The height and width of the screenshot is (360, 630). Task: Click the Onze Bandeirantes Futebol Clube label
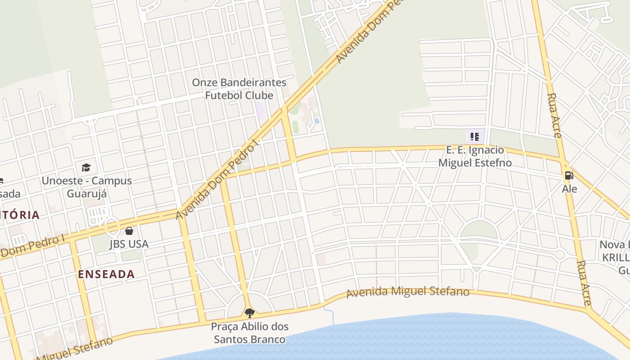[x=239, y=89]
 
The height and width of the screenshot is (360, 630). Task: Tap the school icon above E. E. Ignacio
[x=475, y=136]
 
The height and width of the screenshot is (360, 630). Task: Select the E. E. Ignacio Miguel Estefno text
[x=475, y=156]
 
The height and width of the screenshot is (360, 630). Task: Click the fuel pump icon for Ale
[x=569, y=175]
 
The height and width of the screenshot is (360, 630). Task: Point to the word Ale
[x=569, y=189]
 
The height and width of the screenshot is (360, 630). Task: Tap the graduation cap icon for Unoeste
[x=86, y=168]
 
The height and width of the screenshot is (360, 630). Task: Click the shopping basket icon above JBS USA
[x=129, y=231]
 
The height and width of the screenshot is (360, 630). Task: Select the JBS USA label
[x=129, y=244]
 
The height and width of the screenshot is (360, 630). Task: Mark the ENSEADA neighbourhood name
[x=106, y=274]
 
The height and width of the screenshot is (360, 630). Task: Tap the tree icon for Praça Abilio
[x=249, y=313]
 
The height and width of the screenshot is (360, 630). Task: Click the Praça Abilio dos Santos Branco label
[x=250, y=333]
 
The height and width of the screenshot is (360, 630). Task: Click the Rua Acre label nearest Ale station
[x=554, y=116]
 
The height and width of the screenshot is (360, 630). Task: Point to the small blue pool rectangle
[x=317, y=121]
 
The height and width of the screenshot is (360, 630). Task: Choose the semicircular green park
[x=479, y=230]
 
